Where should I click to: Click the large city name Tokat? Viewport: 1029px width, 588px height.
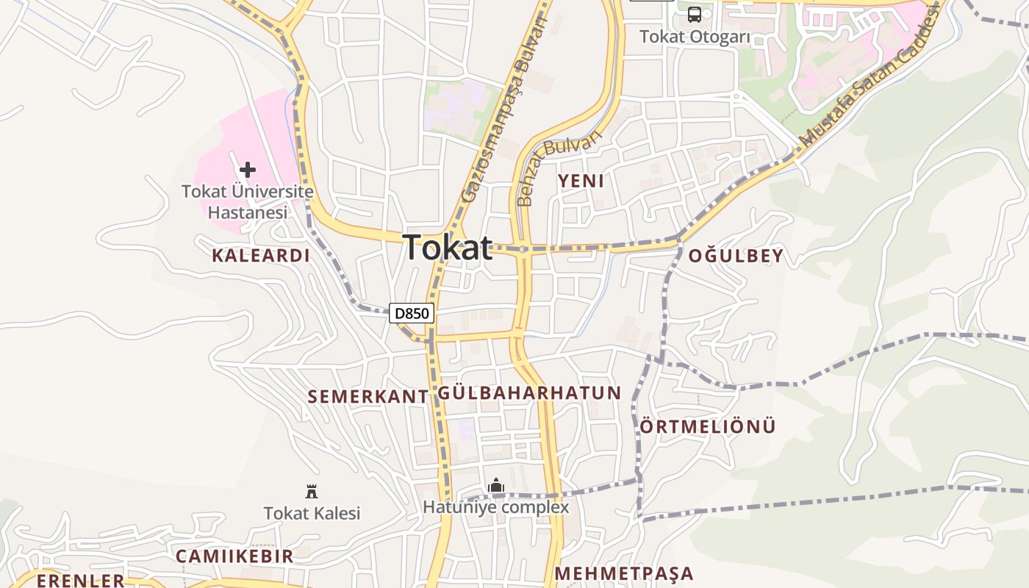[448, 248]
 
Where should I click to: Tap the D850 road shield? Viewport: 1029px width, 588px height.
[412, 314]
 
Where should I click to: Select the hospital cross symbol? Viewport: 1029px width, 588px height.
[248, 170]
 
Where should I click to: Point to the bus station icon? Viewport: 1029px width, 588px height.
[695, 14]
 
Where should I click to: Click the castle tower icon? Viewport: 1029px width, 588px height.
[312, 491]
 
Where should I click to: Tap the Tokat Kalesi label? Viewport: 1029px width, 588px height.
[312, 513]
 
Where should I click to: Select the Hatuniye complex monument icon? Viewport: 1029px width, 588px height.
[496, 485]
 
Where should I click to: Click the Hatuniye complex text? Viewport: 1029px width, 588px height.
[495, 507]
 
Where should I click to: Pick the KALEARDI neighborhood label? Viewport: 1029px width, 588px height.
[261, 256]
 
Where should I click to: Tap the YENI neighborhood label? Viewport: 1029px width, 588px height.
[581, 181]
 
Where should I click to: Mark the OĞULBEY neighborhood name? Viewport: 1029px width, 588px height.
[736, 257]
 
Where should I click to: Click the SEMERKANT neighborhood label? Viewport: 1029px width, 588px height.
[367, 397]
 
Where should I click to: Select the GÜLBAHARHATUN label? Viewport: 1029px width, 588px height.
[530, 392]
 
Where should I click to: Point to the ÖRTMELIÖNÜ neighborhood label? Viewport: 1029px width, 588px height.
[708, 426]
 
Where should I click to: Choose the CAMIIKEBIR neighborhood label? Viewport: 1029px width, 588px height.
[234, 556]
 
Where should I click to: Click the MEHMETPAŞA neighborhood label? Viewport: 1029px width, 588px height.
[624, 573]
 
